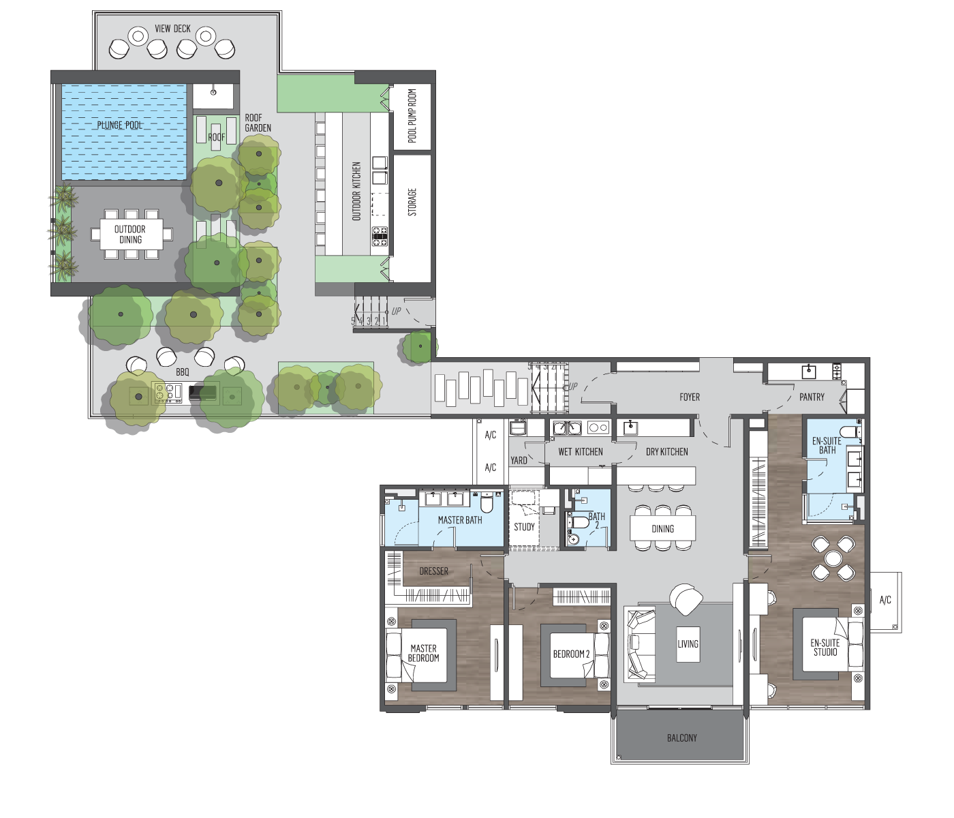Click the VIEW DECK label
click(172, 29)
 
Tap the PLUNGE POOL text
click(119, 125)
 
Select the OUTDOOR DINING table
click(132, 234)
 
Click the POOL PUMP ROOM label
click(412, 115)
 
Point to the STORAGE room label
click(412, 202)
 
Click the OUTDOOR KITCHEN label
click(356, 191)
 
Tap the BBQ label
click(183, 372)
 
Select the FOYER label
click(690, 397)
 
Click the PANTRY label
click(812, 397)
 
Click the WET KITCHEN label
click(581, 452)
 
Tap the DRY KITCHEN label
click(667, 452)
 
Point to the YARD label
click(519, 460)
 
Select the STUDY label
click(524, 527)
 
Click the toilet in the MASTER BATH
click(487, 502)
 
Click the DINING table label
click(663, 529)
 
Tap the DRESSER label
click(434, 571)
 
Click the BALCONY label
click(682, 738)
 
